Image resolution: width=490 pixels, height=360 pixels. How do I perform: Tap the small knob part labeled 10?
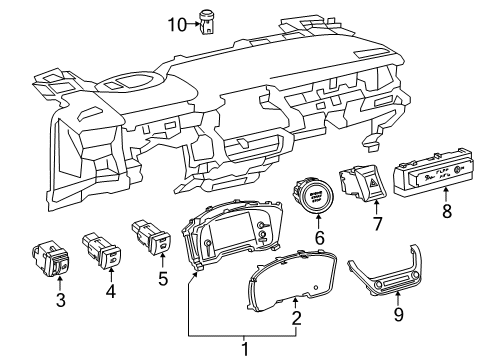coord(207,21)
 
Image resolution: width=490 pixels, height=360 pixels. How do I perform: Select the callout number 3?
coord(59,300)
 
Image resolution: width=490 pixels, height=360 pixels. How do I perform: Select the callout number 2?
coord(296,319)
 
